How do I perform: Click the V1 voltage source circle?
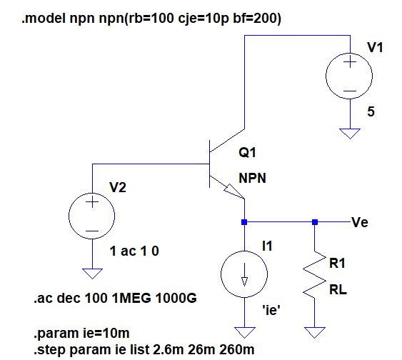(x=326, y=76)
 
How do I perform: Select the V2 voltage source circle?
(x=69, y=216)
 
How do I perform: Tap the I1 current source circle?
(x=221, y=274)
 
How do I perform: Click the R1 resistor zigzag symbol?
(x=314, y=274)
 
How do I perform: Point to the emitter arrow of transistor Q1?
(x=233, y=191)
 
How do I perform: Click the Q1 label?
(x=247, y=153)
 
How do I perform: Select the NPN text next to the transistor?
(x=252, y=178)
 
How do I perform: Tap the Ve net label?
(x=360, y=222)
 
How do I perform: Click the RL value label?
(x=338, y=290)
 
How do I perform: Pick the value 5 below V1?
(x=371, y=111)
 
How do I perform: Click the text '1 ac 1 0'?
(x=134, y=251)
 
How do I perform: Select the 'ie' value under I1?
(x=271, y=310)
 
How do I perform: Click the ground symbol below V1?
(x=350, y=134)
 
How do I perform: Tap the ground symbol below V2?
(x=92, y=274)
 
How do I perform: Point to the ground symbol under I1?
(x=245, y=332)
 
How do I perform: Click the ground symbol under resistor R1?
(x=315, y=332)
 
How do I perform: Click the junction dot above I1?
(x=244, y=222)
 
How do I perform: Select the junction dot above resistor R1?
(x=315, y=222)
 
